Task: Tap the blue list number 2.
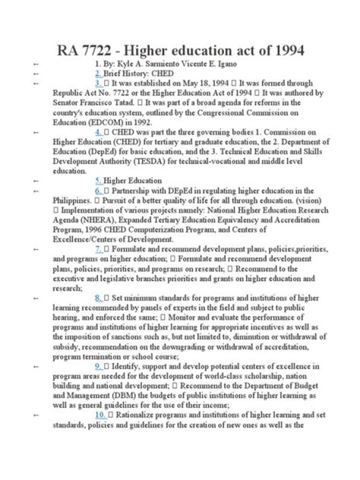pyautogui.click(x=98, y=73)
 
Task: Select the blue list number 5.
pyautogui.click(x=98, y=180)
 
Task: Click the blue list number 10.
pyautogui.click(x=99, y=415)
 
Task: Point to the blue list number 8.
pyautogui.click(x=98, y=298)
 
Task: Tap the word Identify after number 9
pyautogui.click(x=125, y=366)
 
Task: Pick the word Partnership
pyautogui.click(x=131, y=190)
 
